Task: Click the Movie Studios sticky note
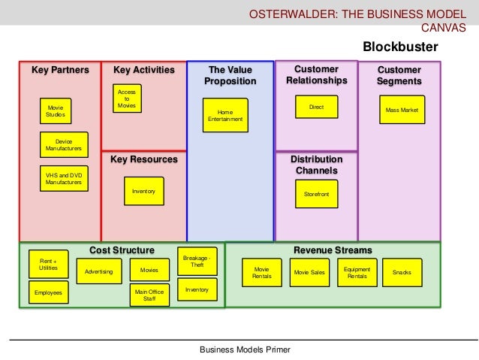click(56, 110)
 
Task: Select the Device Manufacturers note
click(64, 144)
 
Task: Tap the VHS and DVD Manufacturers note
click(64, 179)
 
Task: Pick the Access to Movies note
click(126, 99)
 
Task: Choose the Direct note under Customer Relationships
click(316, 107)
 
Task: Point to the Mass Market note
click(402, 110)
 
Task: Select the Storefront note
click(316, 195)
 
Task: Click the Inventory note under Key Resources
click(143, 192)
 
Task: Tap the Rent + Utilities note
click(48, 265)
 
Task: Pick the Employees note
click(48, 292)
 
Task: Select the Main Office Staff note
click(149, 294)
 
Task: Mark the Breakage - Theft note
click(197, 261)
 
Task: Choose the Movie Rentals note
click(262, 272)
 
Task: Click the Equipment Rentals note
click(357, 272)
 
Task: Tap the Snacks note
click(402, 272)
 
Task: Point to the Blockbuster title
click(400, 48)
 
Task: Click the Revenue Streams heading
click(332, 250)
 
